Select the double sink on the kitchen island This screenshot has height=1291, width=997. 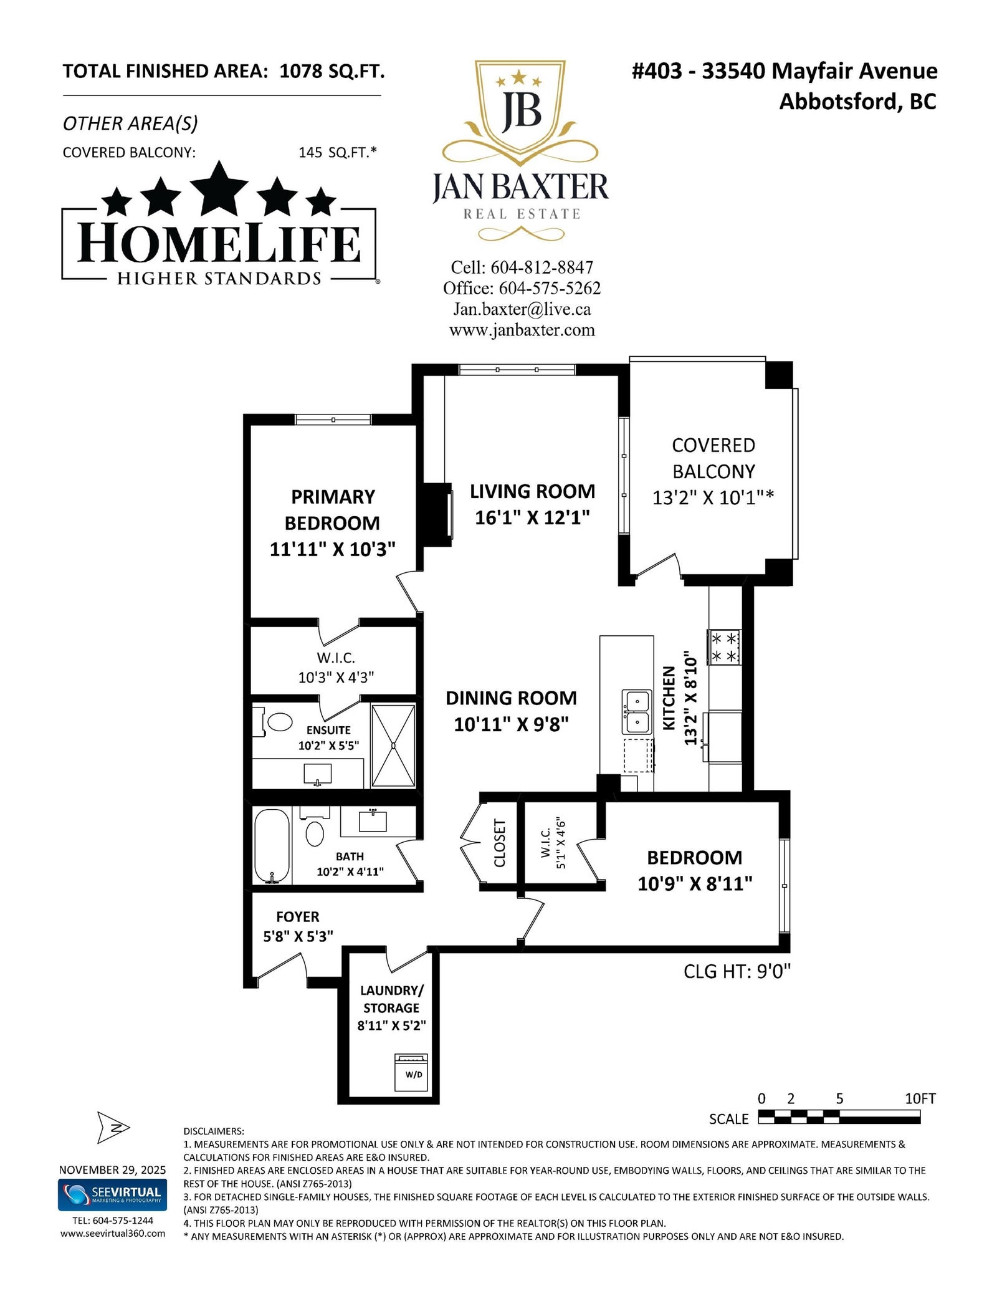pos(636,711)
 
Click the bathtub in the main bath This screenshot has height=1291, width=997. pos(272,846)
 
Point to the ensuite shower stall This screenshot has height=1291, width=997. pos(393,745)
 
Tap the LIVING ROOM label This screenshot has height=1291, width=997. pos(532,491)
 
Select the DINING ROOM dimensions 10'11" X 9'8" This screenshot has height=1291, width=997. pos(511,724)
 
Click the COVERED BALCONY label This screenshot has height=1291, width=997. pos(713,458)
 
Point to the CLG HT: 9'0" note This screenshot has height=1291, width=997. pos(737,971)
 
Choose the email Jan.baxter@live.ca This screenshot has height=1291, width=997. pos(522,309)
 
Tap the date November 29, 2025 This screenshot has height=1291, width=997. pos(112,1169)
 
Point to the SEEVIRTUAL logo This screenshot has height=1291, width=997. pos(112,1194)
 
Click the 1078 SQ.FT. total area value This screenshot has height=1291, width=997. pos(332,71)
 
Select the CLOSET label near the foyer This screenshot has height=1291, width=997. pos(500,843)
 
